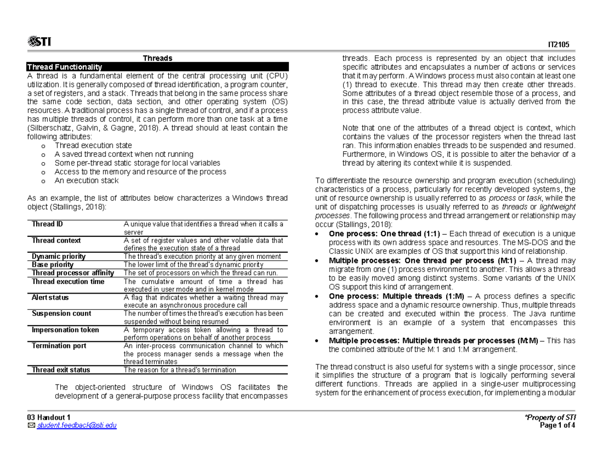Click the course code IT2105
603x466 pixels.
(x=566, y=45)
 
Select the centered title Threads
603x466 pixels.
(x=157, y=58)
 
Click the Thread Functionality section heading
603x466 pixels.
(x=64, y=67)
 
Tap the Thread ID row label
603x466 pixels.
(x=47, y=224)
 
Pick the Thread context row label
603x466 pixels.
(x=56, y=240)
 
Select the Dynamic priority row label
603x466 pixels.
(x=58, y=256)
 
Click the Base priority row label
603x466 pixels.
(x=52, y=264)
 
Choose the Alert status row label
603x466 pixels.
(x=50, y=298)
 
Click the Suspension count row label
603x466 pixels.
(x=61, y=314)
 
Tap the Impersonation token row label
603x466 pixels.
(x=65, y=330)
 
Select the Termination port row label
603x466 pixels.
(x=59, y=346)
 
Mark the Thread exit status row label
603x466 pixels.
(x=61, y=370)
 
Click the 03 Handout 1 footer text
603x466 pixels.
(x=49, y=418)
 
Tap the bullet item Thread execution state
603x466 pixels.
(x=86, y=146)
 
